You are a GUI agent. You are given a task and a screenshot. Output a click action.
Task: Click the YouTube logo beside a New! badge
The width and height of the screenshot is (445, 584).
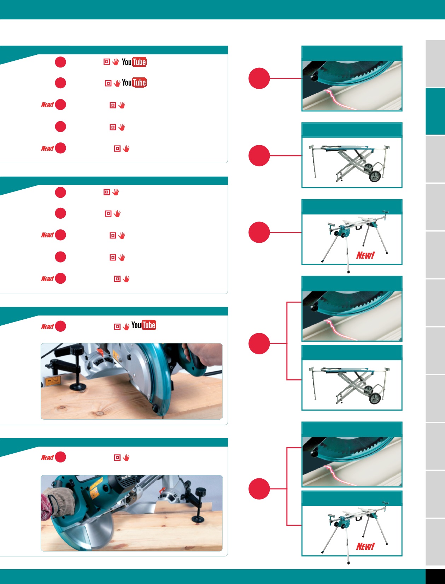click(x=144, y=325)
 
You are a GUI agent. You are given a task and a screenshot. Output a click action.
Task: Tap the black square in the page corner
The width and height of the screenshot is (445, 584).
click(x=435, y=577)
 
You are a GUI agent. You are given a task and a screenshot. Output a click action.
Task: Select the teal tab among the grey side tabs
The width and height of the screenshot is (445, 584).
click(x=435, y=111)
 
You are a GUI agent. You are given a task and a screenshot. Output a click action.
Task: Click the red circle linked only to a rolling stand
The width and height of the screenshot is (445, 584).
click(x=259, y=155)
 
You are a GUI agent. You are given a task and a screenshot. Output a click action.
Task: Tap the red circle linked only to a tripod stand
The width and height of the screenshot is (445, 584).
click(x=259, y=232)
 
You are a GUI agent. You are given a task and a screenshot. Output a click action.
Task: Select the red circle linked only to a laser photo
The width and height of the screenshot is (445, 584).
click(x=259, y=78)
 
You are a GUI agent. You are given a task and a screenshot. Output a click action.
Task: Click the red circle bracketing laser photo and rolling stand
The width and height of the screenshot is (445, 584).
click(x=259, y=343)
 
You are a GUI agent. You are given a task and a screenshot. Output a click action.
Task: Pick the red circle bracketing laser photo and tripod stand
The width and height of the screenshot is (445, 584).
click(x=259, y=489)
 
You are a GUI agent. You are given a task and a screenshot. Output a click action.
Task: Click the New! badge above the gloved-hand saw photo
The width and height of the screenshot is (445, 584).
click(x=47, y=458)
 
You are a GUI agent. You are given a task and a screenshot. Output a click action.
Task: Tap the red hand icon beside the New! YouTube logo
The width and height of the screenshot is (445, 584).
click(x=126, y=326)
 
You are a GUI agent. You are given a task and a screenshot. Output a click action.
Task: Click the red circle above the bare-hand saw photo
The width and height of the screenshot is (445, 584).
click(x=60, y=326)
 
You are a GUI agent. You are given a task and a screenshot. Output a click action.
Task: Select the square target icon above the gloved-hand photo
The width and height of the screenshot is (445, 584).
click(x=117, y=458)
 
